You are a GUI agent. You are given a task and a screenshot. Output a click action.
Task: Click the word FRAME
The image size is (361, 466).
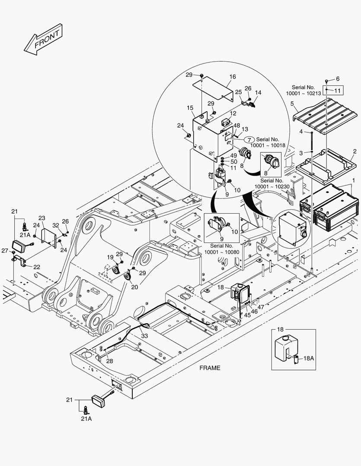click(x=210, y=368)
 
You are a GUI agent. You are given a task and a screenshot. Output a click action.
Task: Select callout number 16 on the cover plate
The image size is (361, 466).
click(x=232, y=77)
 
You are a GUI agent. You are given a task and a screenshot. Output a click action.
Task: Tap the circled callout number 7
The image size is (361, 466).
click(x=249, y=139)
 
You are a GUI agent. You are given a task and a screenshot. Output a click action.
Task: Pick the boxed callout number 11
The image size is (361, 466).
click(x=338, y=91)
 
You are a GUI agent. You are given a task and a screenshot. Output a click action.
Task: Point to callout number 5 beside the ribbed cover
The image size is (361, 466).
click(x=292, y=104)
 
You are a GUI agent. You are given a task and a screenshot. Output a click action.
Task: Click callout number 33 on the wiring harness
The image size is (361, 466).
click(x=144, y=336)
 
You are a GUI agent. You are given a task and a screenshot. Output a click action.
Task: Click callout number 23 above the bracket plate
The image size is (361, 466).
click(x=42, y=218)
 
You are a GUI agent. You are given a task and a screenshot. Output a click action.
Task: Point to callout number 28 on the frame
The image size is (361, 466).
click(x=110, y=361)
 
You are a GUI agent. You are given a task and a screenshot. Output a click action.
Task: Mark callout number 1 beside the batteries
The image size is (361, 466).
click(x=354, y=180)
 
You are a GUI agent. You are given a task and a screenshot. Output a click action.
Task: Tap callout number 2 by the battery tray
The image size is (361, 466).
click(x=355, y=151)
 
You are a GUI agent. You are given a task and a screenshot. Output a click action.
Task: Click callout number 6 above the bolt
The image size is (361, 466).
click(x=338, y=79)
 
